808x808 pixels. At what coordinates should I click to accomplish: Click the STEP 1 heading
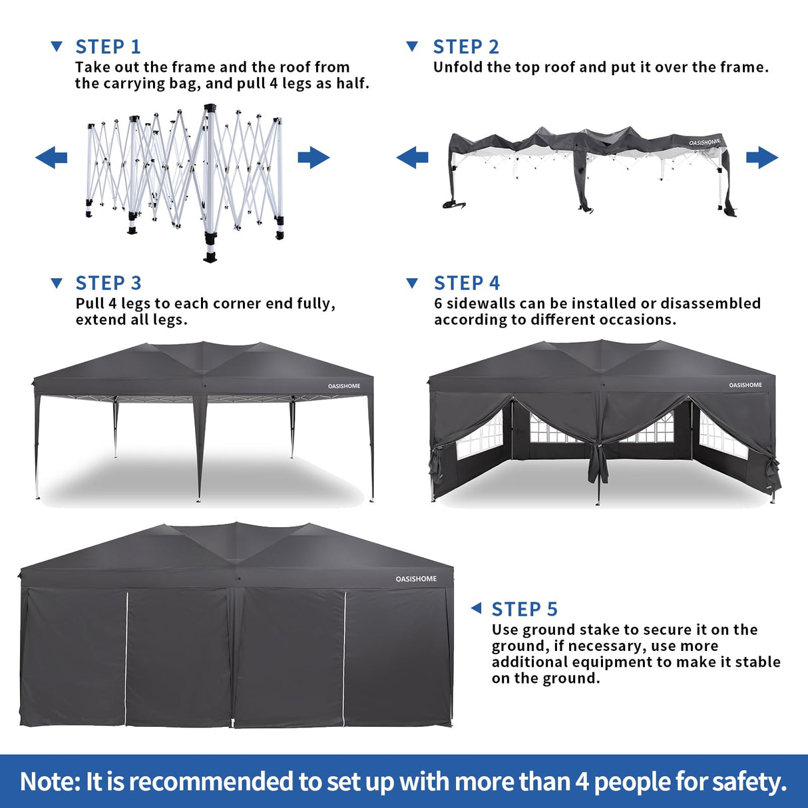click(108, 47)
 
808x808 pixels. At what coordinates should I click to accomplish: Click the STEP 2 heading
click(465, 47)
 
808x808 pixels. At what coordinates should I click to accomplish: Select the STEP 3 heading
click(108, 283)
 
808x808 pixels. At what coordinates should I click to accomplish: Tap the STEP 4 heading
click(466, 283)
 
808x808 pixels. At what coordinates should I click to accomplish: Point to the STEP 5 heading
click(524, 609)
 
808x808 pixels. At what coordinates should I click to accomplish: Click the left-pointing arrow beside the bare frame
click(51, 158)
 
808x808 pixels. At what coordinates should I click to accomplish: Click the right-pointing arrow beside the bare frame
click(313, 158)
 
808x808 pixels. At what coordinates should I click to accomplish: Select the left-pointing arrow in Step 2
click(413, 158)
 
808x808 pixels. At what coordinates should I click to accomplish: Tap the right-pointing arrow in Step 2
click(762, 158)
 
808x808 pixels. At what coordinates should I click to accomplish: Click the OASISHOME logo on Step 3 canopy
click(344, 386)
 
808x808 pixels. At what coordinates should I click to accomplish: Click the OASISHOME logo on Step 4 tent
click(745, 385)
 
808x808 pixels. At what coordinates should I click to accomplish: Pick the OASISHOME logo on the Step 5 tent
click(416, 579)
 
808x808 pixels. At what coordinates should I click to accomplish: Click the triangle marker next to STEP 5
click(476, 608)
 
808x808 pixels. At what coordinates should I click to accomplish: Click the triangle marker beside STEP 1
click(57, 46)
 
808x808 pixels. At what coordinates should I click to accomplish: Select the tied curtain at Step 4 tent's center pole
click(598, 459)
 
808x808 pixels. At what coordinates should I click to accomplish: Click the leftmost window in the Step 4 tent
click(479, 436)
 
